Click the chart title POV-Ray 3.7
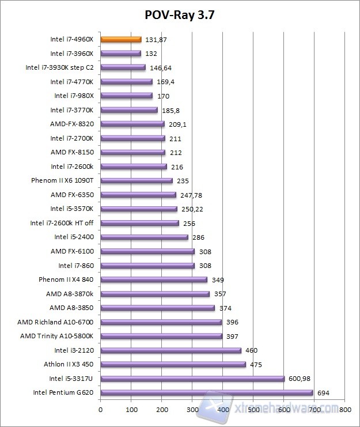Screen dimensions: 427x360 point(180,14)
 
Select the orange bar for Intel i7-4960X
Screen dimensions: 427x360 point(121,39)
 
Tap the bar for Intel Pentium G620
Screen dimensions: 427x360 point(207,392)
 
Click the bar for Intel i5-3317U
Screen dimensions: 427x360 point(192,379)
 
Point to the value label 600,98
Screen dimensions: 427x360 point(302,379)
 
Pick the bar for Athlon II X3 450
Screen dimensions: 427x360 point(173,364)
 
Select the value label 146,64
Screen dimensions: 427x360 point(161,67)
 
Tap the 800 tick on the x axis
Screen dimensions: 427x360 point(345,410)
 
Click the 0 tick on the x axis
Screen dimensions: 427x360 point(101,410)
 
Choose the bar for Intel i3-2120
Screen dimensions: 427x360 point(171,350)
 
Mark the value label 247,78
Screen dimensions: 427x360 point(192,195)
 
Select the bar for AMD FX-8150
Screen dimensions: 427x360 point(133,152)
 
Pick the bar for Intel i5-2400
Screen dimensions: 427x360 point(145,237)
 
